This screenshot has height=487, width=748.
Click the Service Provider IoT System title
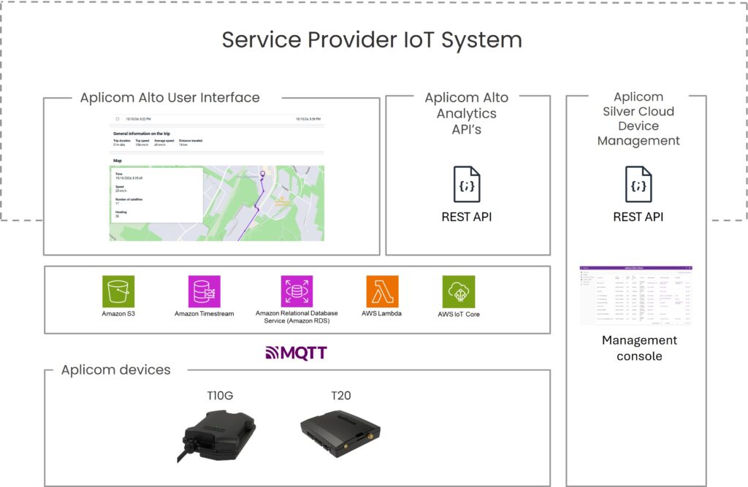click(372, 39)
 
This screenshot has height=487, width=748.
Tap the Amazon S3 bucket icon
click(118, 291)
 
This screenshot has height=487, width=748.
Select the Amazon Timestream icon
click(204, 291)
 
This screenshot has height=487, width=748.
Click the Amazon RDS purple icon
click(297, 291)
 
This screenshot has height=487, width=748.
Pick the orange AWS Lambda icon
click(382, 291)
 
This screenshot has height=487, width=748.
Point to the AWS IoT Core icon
click(459, 291)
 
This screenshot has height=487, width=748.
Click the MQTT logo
click(296, 353)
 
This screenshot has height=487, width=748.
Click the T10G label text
click(221, 396)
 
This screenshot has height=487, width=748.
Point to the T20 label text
click(341, 396)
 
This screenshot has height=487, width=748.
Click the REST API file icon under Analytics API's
click(467, 184)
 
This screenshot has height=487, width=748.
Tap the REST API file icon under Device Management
click(638, 184)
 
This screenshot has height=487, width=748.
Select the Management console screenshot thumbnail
click(636, 295)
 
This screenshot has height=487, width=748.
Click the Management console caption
click(639, 348)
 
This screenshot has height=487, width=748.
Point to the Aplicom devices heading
click(115, 370)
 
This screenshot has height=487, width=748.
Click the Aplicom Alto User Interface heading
click(169, 98)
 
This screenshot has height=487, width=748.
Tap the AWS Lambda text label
click(381, 314)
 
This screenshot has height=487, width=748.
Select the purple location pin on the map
click(263, 174)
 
